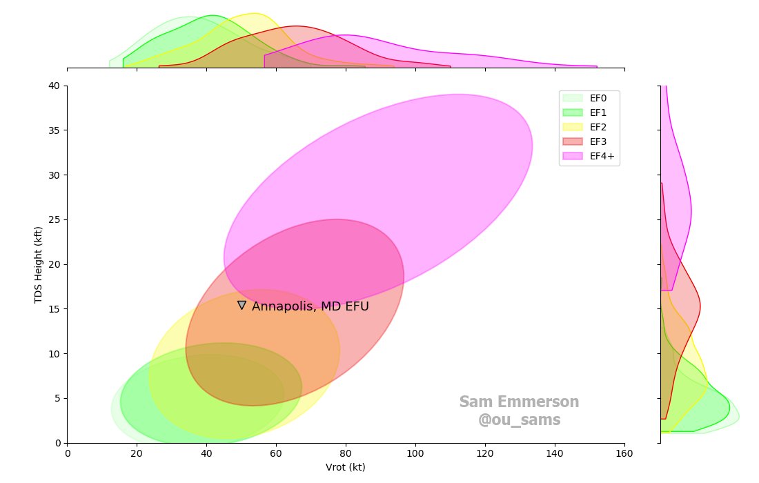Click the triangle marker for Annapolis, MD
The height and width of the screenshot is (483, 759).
pyautogui.click(x=241, y=305)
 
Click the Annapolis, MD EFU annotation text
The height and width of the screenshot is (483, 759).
pyautogui.click(x=310, y=306)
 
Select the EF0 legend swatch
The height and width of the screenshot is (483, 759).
pyautogui.click(x=573, y=98)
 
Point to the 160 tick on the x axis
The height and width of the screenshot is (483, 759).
pyautogui.click(x=624, y=453)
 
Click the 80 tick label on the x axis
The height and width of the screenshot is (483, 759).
pyautogui.click(x=346, y=453)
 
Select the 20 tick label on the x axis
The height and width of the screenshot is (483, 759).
pyautogui.click(x=137, y=453)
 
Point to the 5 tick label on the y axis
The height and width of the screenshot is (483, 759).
pyautogui.click(x=59, y=398)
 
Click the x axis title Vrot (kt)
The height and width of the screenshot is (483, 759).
pyautogui.click(x=345, y=467)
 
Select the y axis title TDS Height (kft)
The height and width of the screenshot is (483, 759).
pyautogui.click(x=39, y=264)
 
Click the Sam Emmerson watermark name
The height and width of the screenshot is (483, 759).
pyautogui.click(x=519, y=402)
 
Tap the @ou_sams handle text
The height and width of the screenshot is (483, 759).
pyautogui.click(x=519, y=420)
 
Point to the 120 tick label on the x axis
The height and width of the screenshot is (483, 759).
pyautogui.click(x=485, y=453)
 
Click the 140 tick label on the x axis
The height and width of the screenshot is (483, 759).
pyautogui.click(x=555, y=453)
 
